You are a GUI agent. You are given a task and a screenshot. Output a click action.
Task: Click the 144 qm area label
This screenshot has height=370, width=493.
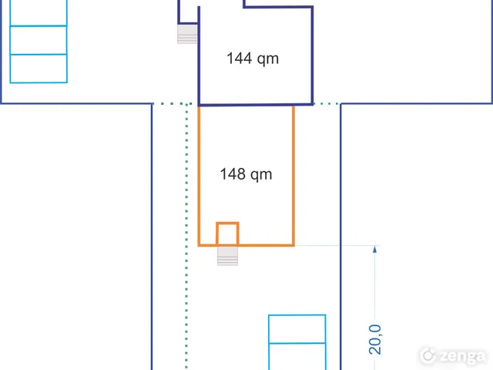point(253,59)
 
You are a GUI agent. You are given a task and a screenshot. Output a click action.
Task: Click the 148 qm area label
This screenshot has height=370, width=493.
point(246,174)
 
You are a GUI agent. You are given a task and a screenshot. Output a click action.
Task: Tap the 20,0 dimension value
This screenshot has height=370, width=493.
point(375,340)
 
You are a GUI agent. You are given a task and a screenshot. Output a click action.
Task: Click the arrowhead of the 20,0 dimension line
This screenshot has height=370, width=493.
point(375,249)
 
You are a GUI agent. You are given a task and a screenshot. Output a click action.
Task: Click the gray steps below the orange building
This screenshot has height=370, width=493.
point(228,256)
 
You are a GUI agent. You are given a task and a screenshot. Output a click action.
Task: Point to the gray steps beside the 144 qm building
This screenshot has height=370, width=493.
point(187,34)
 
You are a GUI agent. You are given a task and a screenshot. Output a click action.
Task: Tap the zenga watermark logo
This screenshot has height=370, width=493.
point(453,356)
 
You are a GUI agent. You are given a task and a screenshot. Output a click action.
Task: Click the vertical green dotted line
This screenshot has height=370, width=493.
point(186,237)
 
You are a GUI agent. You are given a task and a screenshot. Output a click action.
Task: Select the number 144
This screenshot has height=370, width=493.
point(240,59)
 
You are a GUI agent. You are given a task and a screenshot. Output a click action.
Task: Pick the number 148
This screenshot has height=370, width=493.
point(233,174)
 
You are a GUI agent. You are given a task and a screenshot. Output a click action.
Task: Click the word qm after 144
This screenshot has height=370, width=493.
point(268,60)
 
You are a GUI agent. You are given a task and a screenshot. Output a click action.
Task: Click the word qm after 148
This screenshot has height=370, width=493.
point(261,176)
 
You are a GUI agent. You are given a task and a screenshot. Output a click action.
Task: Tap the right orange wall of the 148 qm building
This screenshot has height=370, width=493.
point(293,176)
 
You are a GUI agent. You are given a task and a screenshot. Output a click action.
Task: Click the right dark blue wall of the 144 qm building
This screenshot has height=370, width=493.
point(312,55)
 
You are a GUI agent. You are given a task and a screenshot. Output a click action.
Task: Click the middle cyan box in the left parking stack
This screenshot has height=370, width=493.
point(39,40)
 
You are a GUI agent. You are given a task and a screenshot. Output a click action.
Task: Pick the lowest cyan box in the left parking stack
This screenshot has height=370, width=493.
point(39,69)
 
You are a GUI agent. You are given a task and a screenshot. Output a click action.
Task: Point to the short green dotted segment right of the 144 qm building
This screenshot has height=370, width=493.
point(327,103)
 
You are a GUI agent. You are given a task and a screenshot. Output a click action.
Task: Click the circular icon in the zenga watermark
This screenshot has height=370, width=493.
point(428,355)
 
